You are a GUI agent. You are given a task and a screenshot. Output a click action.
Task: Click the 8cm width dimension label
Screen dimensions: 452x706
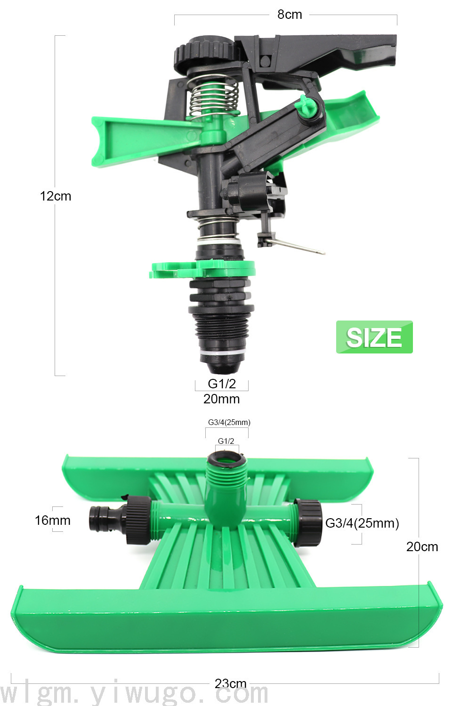(290, 15)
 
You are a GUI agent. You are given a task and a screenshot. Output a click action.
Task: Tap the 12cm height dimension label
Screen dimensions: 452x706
(56, 196)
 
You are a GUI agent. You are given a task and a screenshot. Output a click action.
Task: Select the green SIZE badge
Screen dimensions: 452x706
(374, 337)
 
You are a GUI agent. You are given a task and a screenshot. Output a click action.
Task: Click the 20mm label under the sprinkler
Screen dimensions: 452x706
(221, 399)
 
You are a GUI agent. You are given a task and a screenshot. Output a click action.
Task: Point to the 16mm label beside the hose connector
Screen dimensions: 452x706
(53, 521)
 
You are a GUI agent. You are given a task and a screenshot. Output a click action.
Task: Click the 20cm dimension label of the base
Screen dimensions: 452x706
(422, 547)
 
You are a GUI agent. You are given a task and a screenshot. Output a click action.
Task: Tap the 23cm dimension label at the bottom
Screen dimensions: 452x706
(230, 683)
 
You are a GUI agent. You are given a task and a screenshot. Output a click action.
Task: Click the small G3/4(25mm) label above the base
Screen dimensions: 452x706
(229, 422)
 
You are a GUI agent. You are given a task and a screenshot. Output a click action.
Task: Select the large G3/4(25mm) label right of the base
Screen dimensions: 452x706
(362, 523)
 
